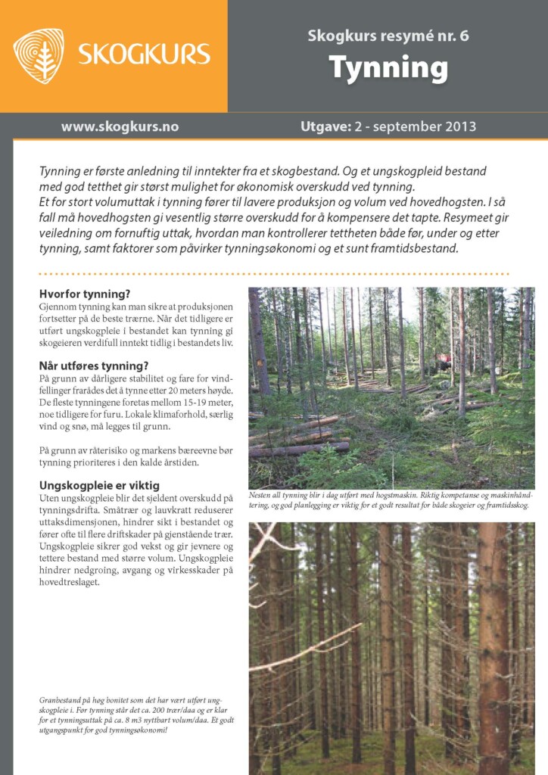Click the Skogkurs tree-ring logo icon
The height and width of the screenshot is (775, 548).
click(39, 55)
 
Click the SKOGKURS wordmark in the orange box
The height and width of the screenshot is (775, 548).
click(144, 54)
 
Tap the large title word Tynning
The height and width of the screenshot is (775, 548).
click(388, 69)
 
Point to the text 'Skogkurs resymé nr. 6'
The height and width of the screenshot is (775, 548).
click(388, 36)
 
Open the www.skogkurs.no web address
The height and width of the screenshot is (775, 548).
click(120, 126)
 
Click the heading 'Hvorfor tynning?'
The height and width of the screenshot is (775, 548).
click(85, 294)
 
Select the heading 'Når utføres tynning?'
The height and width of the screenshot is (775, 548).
click(93, 366)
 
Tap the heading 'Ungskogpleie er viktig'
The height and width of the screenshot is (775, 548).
click(99, 485)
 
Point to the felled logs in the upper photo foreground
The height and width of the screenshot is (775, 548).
click(303, 439)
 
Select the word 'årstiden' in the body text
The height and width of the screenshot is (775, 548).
click(187, 462)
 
